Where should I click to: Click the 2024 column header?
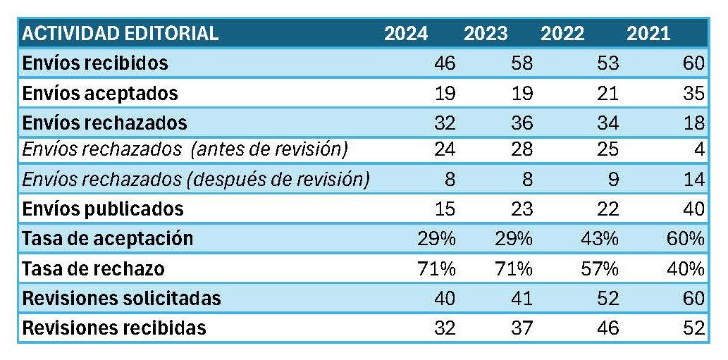pyautogui.click(x=406, y=34)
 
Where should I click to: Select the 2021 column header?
pyautogui.click(x=648, y=34)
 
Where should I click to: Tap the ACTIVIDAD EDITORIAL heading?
pyautogui.click(x=120, y=34)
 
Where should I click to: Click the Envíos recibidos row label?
pyautogui.click(x=95, y=63)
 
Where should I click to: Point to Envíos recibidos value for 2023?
pyautogui.click(x=521, y=63)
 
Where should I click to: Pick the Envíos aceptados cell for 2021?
pyautogui.click(x=693, y=93)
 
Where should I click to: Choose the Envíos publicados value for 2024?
pyautogui.click(x=444, y=209)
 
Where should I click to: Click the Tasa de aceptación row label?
pyautogui.click(x=107, y=238)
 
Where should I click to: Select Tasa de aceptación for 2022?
pyautogui.click(x=600, y=239)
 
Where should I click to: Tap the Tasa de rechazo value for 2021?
pyautogui.click(x=686, y=268)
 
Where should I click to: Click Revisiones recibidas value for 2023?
pyautogui.click(x=521, y=328)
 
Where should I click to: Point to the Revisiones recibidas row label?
pyautogui.click(x=114, y=328)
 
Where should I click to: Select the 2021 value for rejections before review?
pyautogui.click(x=700, y=150)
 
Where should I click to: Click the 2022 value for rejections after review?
pyautogui.click(x=613, y=180)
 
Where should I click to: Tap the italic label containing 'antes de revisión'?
pyautogui.click(x=185, y=150)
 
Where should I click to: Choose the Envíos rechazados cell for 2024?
pyautogui.click(x=444, y=123)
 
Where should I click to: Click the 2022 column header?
pyautogui.click(x=562, y=34)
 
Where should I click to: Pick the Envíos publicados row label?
pyautogui.click(x=103, y=209)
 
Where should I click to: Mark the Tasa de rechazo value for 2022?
pyautogui.click(x=600, y=268)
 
